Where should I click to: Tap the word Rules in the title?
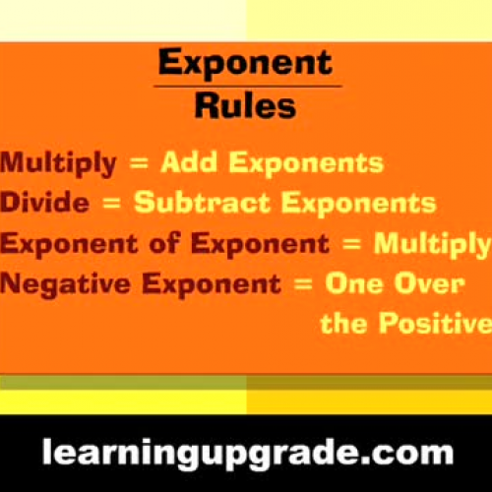245,104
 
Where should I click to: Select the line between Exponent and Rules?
245,87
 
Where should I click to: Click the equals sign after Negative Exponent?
305,284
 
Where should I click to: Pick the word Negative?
64,283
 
